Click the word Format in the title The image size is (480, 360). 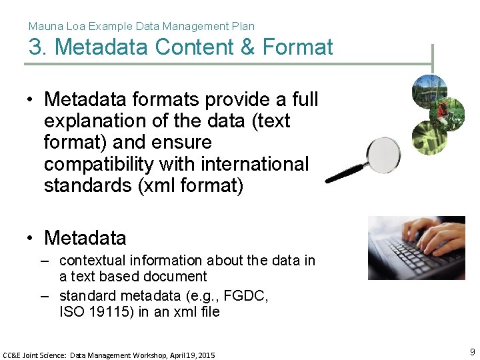297,47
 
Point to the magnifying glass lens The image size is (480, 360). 381,155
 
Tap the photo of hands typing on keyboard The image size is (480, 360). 417,247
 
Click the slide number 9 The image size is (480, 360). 472,352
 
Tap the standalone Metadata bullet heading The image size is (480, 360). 85,237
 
